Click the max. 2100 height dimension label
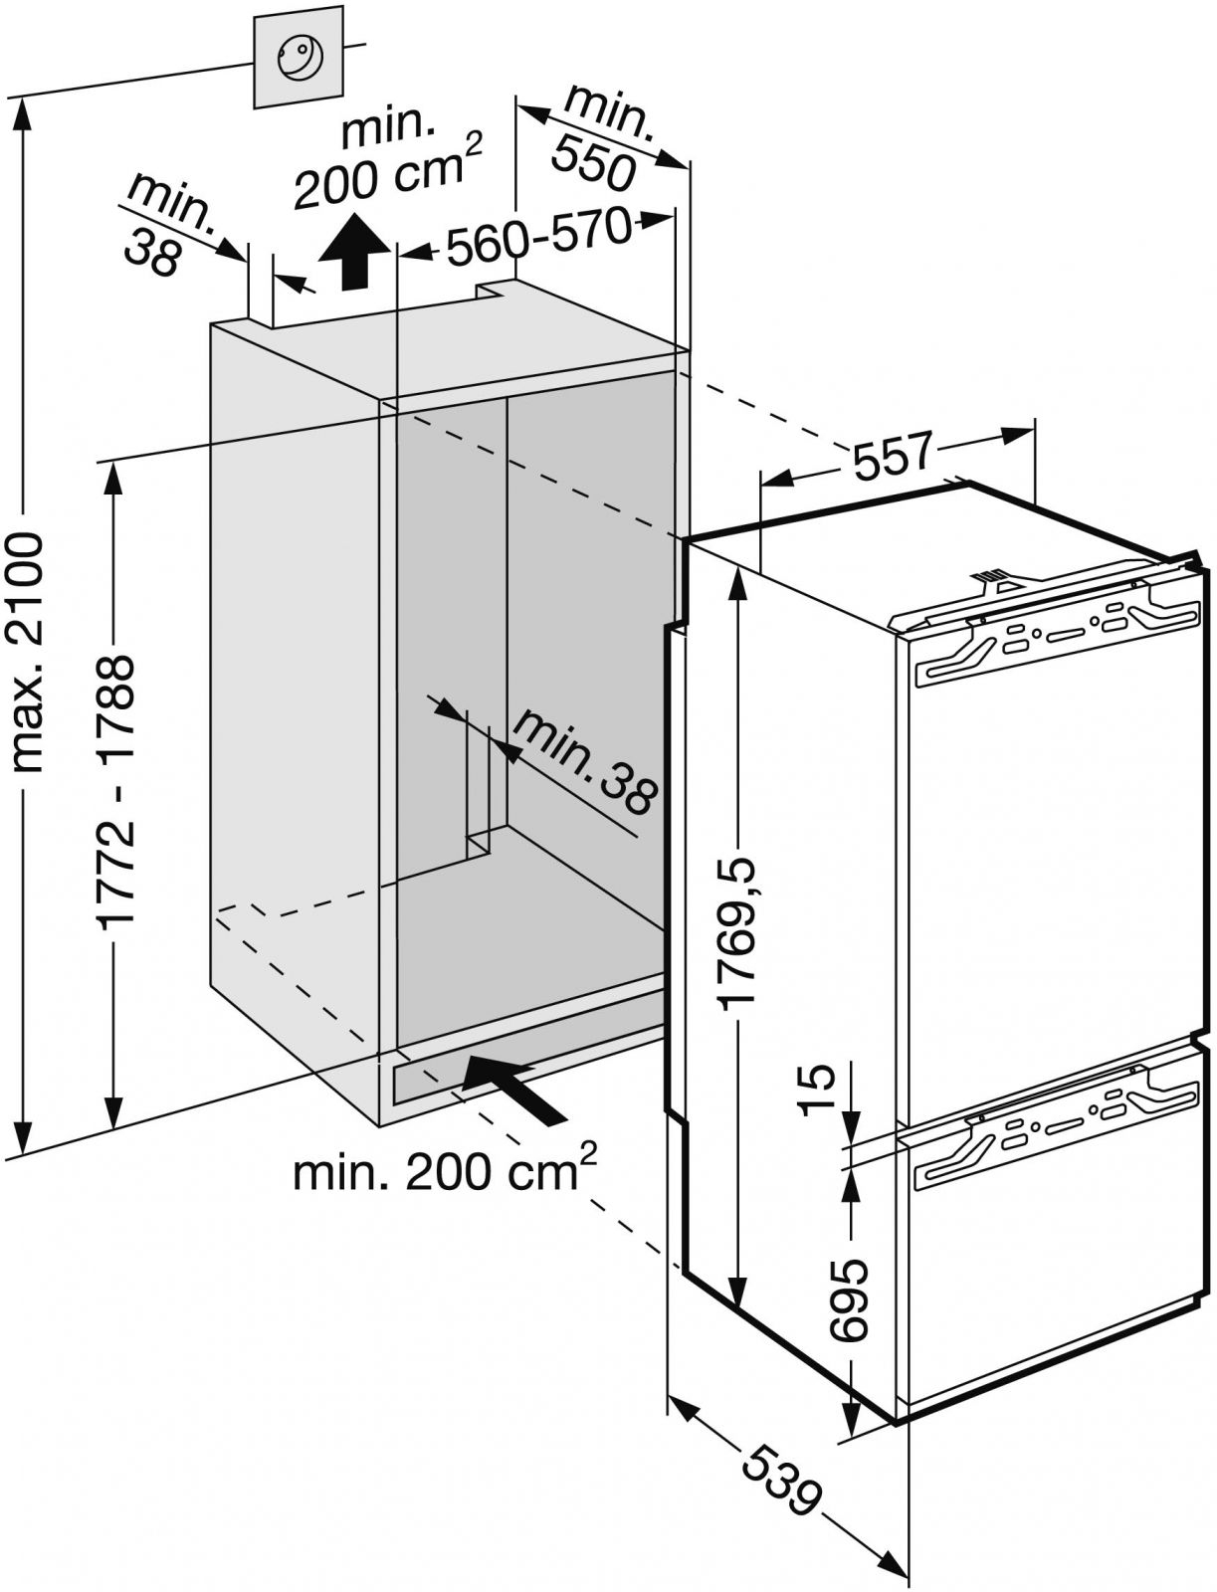[x=30, y=652]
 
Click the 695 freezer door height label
[x=849, y=1299]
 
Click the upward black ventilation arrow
[x=351, y=254]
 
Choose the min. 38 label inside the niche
[x=587, y=761]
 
